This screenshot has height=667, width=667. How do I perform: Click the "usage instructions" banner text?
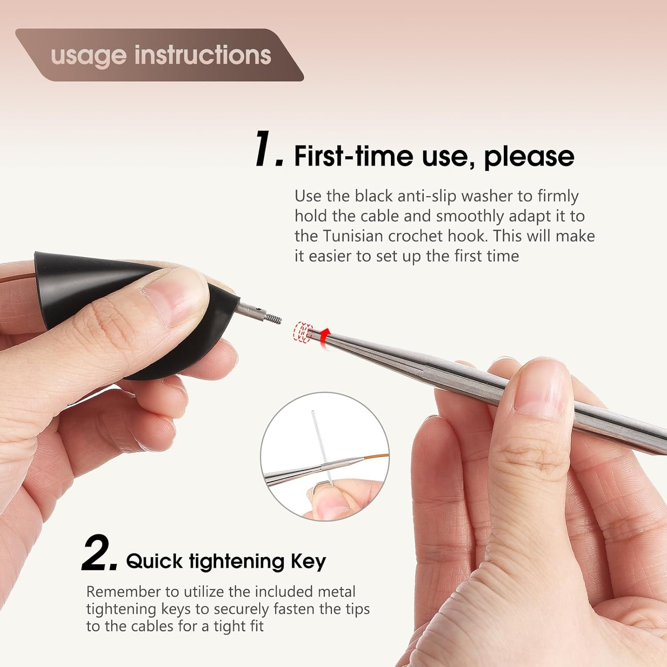click(161, 56)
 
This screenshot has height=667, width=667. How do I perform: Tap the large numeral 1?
click(268, 149)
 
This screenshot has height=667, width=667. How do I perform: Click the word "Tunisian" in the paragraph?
click(353, 236)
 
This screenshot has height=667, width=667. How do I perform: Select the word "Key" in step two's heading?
click(309, 562)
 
